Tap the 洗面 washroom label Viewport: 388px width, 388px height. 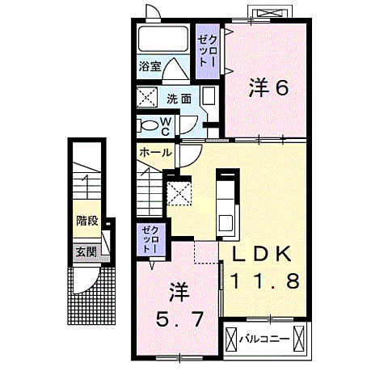[179, 99]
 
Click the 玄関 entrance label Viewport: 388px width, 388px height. [86, 251]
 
